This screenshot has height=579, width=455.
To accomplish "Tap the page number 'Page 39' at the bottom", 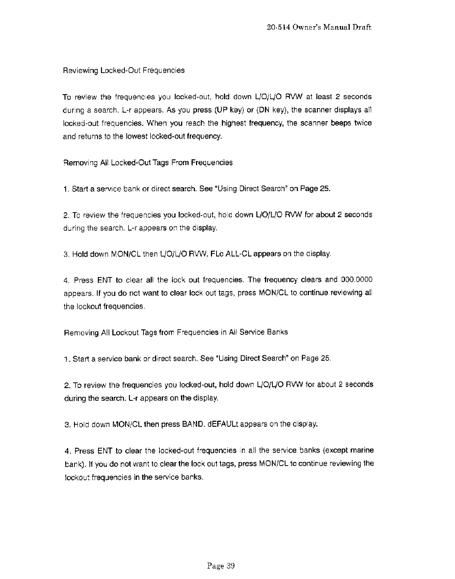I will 221,566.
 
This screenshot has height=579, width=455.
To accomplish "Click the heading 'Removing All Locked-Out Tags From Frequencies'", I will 148,163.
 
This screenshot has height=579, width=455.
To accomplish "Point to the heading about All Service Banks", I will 176,332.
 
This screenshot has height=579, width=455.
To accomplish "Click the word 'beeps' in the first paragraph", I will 343,123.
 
